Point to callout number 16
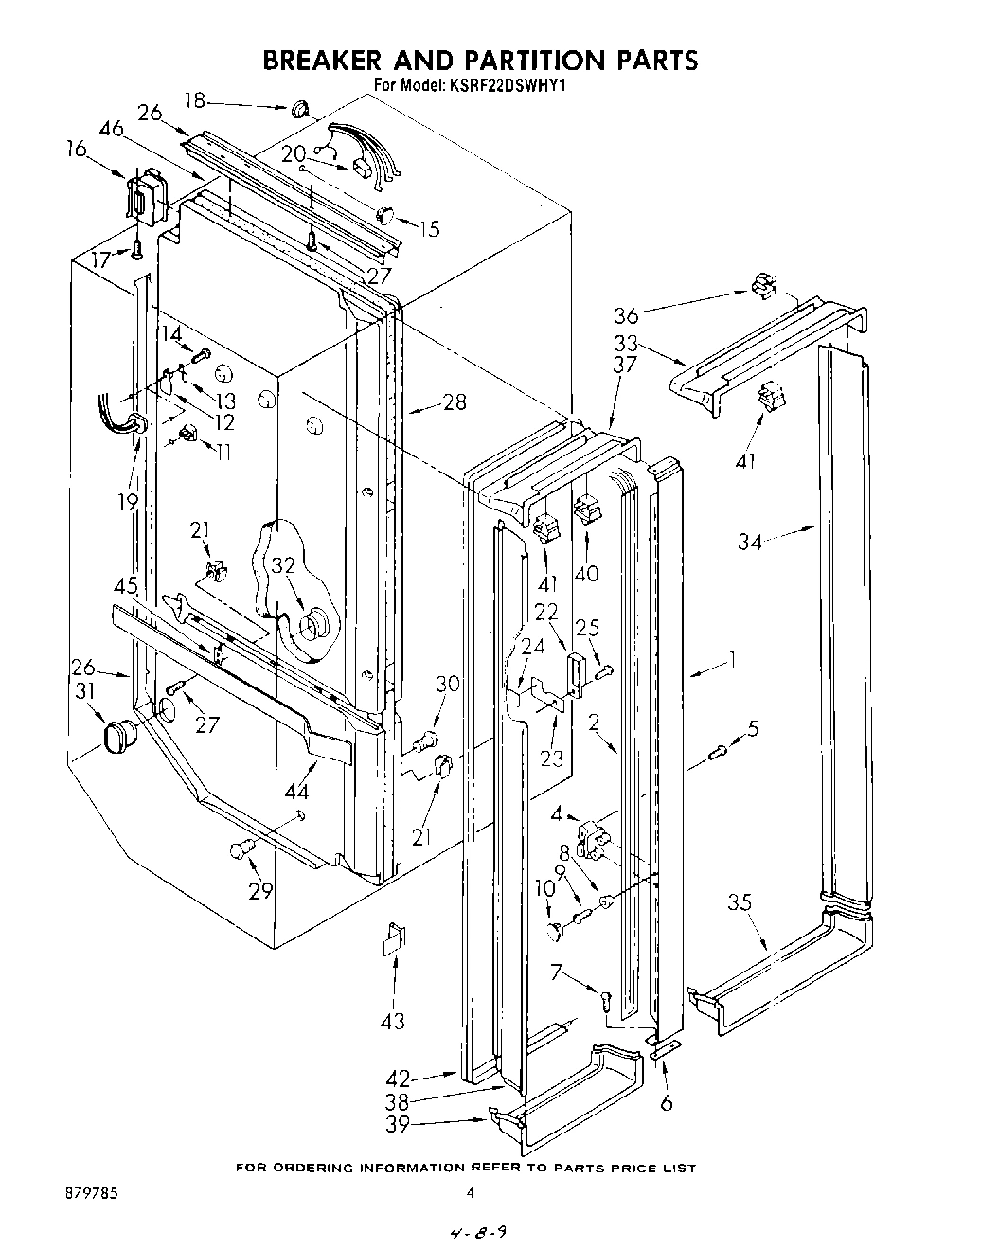tap(77, 149)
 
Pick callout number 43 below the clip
tap(392, 1020)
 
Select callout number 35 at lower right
tap(740, 902)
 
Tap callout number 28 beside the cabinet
tap(455, 402)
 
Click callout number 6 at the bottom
tap(666, 1103)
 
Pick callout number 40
tap(588, 573)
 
